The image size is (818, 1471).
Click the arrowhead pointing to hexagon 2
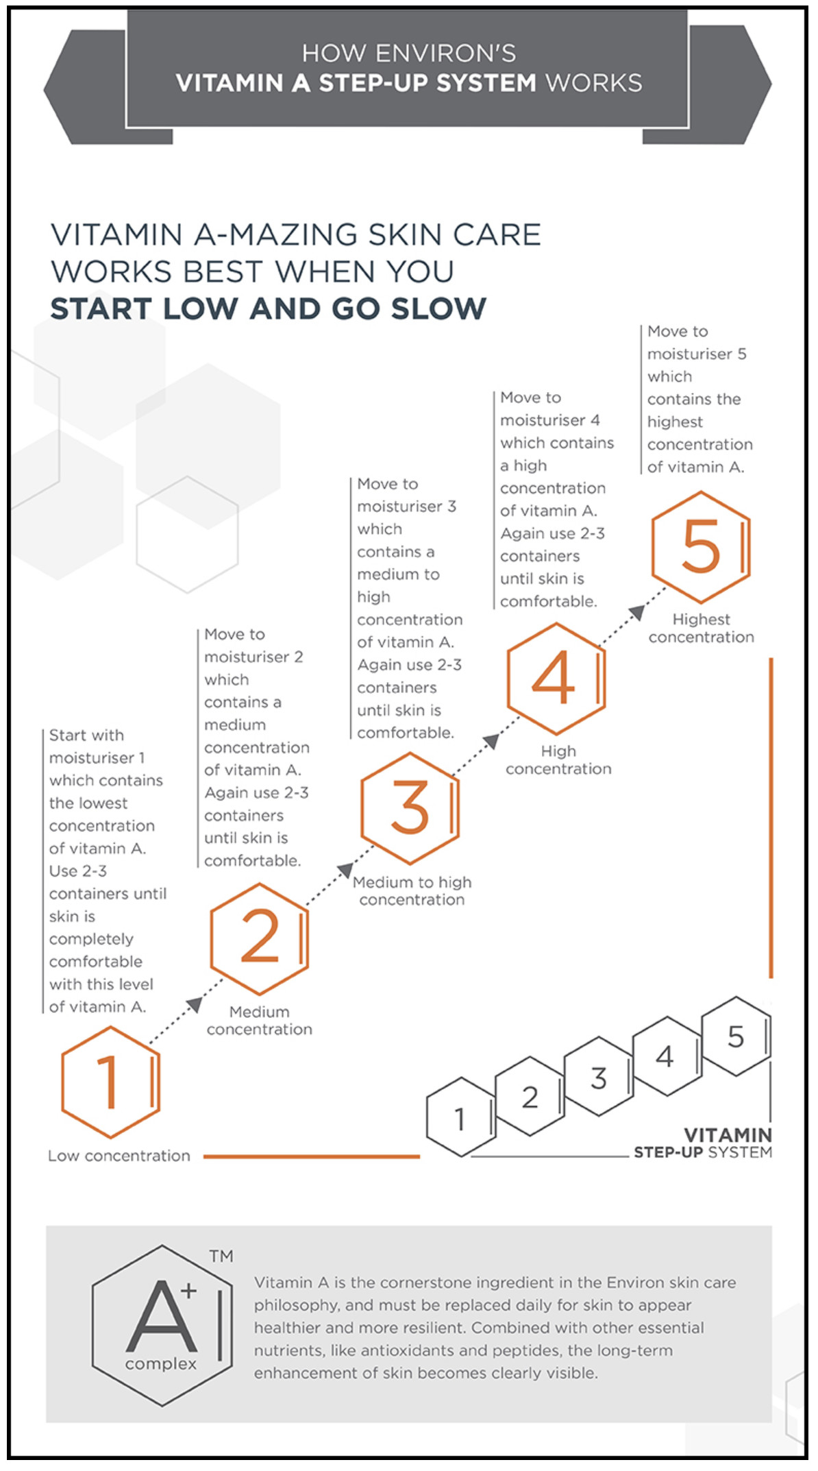click(x=195, y=1005)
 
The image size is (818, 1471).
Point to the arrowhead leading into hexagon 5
click(x=637, y=612)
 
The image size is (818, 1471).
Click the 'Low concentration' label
click(x=119, y=1156)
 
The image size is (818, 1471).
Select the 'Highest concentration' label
click(x=701, y=628)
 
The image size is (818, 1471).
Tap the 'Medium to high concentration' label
click(x=412, y=890)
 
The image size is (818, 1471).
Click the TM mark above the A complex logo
click(x=221, y=1256)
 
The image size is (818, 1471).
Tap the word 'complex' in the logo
click(x=161, y=1364)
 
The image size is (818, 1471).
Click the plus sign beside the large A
click(x=188, y=1291)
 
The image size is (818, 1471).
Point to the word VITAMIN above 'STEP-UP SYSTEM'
click(x=728, y=1135)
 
